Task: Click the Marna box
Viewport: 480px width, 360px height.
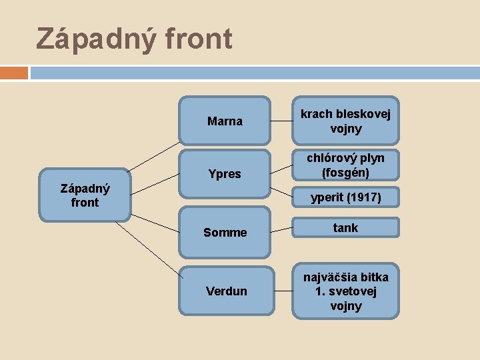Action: tap(225, 121)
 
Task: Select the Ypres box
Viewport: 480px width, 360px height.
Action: tap(225, 174)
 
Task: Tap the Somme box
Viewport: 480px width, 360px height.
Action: tap(225, 232)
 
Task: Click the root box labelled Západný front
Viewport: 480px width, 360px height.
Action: tap(85, 195)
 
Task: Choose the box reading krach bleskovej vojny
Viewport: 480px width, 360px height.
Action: tap(345, 121)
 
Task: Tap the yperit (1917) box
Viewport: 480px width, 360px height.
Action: tap(345, 197)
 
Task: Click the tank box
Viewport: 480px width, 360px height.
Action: tap(345, 228)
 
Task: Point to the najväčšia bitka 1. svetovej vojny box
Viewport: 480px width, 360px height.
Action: tap(345, 291)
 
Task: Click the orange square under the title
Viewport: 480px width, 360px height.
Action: tap(14, 72)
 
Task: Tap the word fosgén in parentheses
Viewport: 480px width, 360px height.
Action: tap(345, 173)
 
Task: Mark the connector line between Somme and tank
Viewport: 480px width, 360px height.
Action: tap(281, 230)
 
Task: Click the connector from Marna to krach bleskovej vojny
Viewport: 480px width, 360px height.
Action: tap(281, 120)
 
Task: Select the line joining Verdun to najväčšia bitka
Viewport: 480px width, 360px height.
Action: tap(281, 291)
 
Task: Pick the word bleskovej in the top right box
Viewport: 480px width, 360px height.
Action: tap(363, 114)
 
